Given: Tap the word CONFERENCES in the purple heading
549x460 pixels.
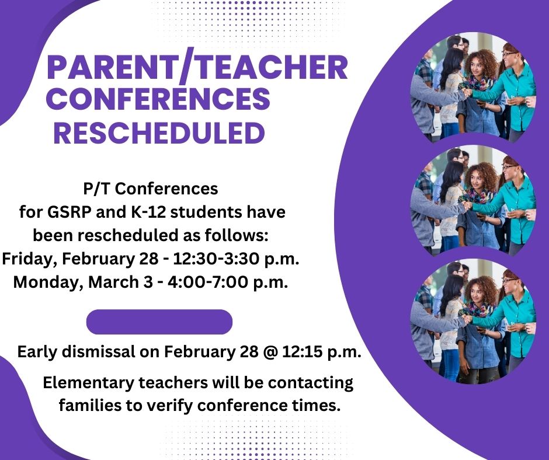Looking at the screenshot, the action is pos(158,99).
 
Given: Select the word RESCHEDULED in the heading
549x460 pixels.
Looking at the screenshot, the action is pos(159,133).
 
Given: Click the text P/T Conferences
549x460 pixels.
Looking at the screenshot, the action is pos(151,189).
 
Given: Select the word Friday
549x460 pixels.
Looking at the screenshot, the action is pos(29,259).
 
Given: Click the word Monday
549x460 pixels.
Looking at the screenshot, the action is pos(48,282).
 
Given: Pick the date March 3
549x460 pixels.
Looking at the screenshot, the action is pos(120,282).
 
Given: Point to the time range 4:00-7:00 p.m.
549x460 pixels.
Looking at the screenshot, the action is pos(228,282).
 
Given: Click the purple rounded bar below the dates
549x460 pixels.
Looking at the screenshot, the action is pos(159,322).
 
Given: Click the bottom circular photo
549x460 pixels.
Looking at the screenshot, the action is pos(473,321).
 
